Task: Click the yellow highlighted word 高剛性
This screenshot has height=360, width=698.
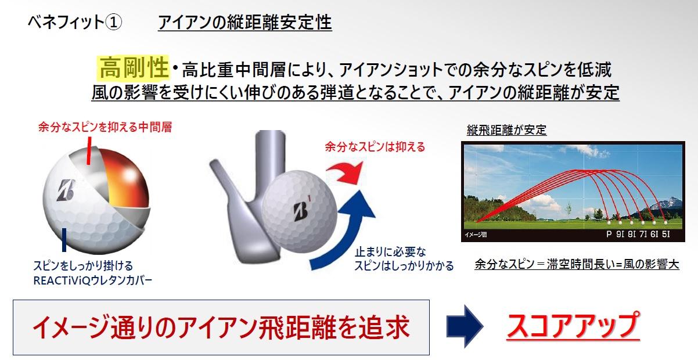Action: click(x=134, y=67)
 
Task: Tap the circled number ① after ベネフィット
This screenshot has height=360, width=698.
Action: click(x=113, y=23)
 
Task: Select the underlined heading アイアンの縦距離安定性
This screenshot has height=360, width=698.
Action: click(x=245, y=23)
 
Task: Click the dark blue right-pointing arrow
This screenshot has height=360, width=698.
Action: click(x=465, y=326)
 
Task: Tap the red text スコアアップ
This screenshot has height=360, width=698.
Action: click(x=573, y=325)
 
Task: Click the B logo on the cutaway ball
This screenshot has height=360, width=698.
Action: click(x=66, y=190)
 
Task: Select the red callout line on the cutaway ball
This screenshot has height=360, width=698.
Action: click(x=89, y=150)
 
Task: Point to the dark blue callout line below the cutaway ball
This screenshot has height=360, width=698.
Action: click(x=64, y=240)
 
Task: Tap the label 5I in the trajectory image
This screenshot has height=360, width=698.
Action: click(x=665, y=234)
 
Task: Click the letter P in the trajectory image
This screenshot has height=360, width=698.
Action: click(x=609, y=234)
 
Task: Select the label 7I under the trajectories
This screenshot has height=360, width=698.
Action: click(x=643, y=234)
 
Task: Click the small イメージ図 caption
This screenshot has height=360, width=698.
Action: click(x=476, y=235)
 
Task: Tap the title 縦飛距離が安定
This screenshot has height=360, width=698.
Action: click(x=506, y=130)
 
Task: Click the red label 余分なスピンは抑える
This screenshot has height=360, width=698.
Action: click(x=375, y=146)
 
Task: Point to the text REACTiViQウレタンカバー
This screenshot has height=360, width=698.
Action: click(x=92, y=280)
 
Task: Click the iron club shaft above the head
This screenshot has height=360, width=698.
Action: click(x=270, y=156)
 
